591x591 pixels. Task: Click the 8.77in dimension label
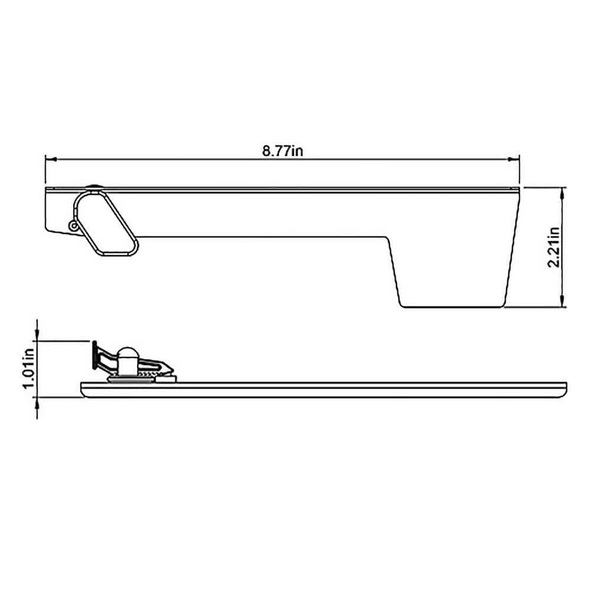282,151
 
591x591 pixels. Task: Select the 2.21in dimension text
554,247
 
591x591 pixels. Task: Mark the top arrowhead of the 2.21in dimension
563,191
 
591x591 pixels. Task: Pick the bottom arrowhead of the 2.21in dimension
563,303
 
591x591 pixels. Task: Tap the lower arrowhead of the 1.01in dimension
37,402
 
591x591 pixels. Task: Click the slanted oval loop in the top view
105,223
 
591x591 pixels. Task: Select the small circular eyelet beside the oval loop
73,225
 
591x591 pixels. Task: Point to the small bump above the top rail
93,187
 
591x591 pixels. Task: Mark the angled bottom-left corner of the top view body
47,229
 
